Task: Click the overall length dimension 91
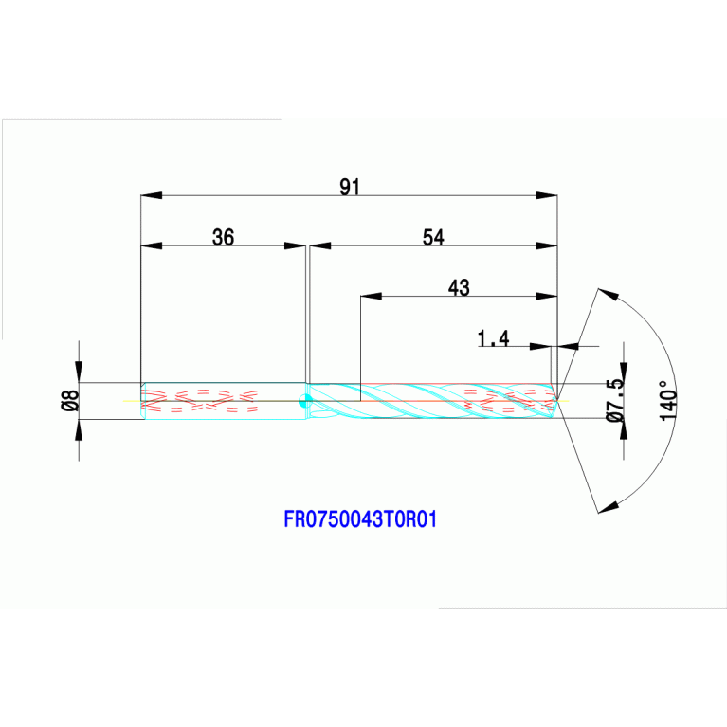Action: click(x=350, y=187)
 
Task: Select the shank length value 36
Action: click(x=223, y=237)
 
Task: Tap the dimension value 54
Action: click(x=433, y=237)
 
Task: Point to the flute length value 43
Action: click(x=459, y=288)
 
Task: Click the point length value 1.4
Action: click(x=493, y=338)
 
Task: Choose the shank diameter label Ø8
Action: click(x=70, y=401)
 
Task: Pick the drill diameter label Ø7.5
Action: click(x=616, y=400)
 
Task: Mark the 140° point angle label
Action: click(x=668, y=401)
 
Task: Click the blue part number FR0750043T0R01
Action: click(x=360, y=519)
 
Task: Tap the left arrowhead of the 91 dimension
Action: click(x=151, y=195)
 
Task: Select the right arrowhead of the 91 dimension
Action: click(x=547, y=195)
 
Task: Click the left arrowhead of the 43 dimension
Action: click(x=371, y=296)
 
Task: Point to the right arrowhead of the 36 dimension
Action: click(x=295, y=245)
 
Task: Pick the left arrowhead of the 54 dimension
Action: click(x=320, y=245)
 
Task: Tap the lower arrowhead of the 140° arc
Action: click(x=609, y=507)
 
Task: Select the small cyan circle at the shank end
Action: click(x=305, y=401)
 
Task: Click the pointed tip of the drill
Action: click(x=557, y=401)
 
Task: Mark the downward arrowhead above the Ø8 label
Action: click(x=79, y=372)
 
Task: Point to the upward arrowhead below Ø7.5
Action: click(x=624, y=428)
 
